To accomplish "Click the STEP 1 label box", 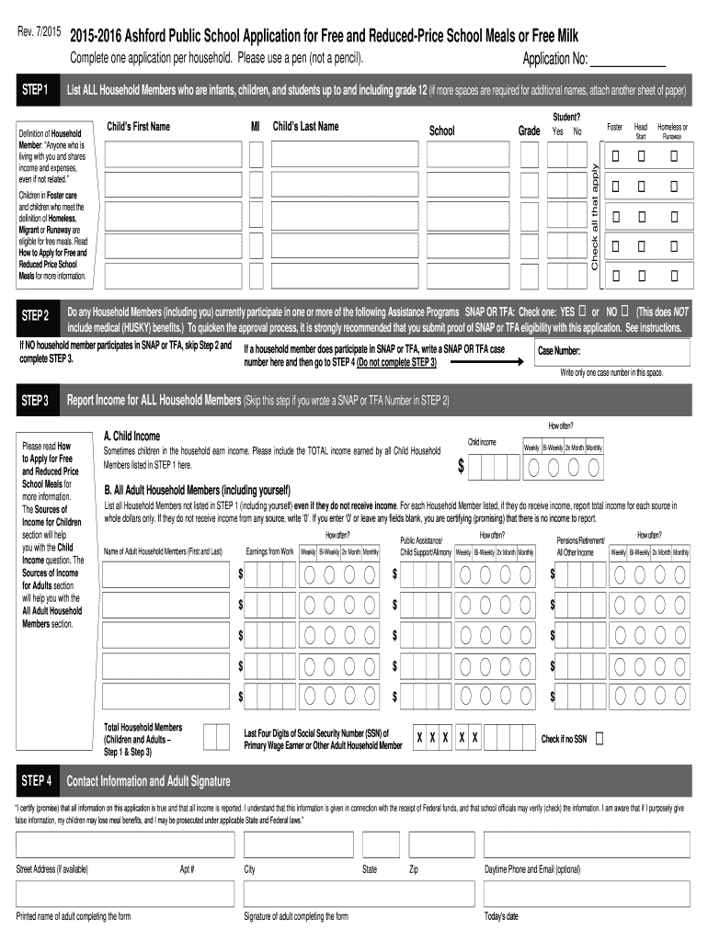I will click(x=36, y=91).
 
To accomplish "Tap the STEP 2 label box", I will click(x=36, y=317).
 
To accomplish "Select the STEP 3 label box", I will click(x=36, y=401).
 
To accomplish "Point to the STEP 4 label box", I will click(x=36, y=781).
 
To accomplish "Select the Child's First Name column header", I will click(x=138, y=127).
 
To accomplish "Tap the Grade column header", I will click(x=529, y=131).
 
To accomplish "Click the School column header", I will click(x=442, y=130).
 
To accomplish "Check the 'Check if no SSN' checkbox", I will click(x=600, y=738).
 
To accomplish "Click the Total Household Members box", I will click(x=216, y=737).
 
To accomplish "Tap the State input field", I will click(x=380, y=845).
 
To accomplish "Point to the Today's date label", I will click(x=501, y=916).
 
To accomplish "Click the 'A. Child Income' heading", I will click(x=131, y=436).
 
